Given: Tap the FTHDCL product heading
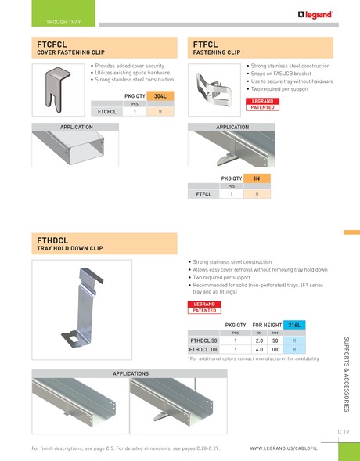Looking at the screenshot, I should coord(54,240).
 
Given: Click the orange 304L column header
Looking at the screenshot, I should coord(160,95).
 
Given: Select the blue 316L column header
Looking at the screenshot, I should coord(295,324).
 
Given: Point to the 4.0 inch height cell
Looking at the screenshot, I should coord(259,350).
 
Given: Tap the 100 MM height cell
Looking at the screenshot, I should coord(275,350).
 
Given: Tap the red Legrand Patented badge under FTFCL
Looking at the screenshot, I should coord(262,104).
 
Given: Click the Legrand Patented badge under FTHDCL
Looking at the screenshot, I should coord(204,307).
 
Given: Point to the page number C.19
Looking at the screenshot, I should coord(343,431).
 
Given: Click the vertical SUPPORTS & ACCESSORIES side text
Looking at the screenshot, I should coord(346,376).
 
